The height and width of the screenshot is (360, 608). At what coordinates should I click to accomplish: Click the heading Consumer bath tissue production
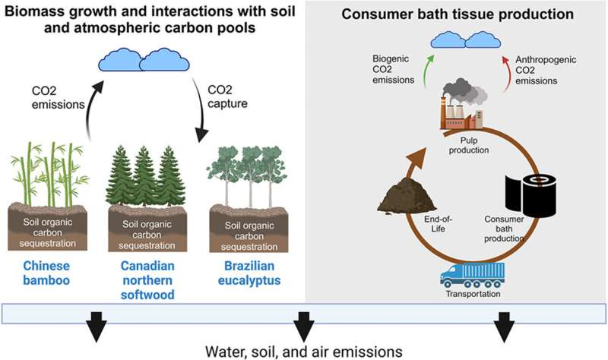pyautogui.click(x=458, y=14)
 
